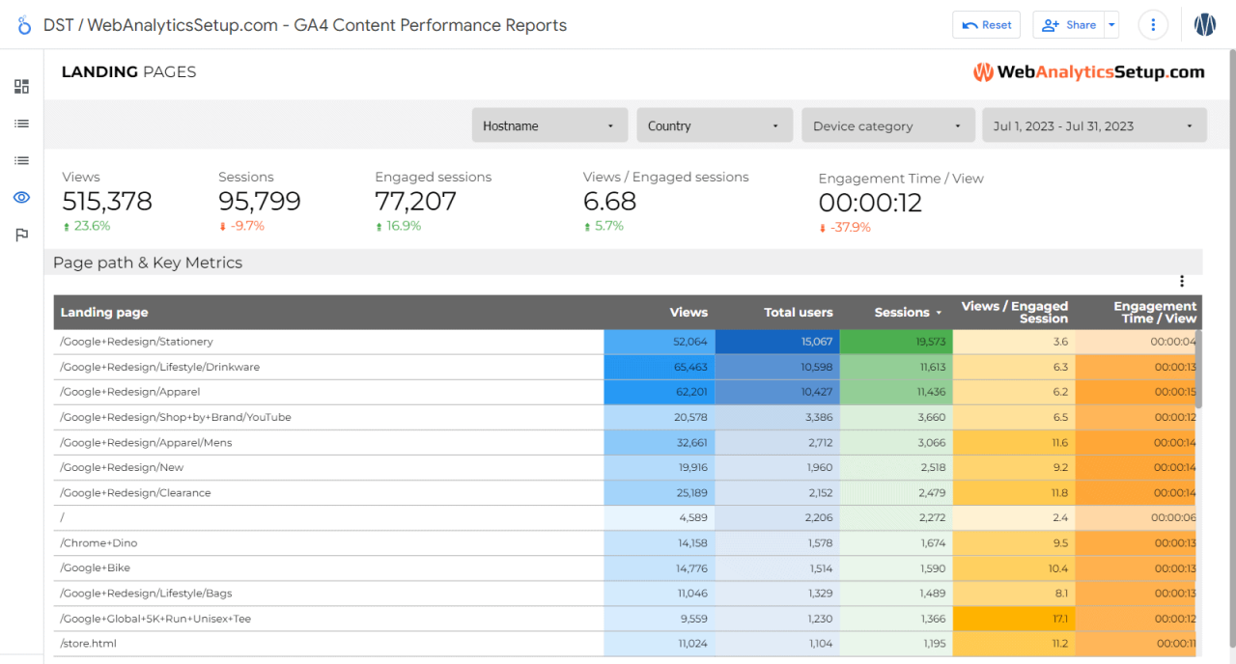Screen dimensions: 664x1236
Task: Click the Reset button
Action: [x=986, y=25]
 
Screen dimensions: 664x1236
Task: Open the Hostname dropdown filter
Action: [x=549, y=125]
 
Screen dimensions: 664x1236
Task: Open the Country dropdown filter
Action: [x=714, y=125]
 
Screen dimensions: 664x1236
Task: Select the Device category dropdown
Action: [x=887, y=125]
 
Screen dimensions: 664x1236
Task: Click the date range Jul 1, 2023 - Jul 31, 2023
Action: [x=1093, y=125]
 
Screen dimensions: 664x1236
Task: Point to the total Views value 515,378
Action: [x=107, y=202]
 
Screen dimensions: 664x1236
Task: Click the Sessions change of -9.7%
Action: [x=241, y=226]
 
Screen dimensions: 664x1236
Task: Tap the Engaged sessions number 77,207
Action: [x=415, y=202]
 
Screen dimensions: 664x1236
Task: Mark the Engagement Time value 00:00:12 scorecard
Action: [x=870, y=203]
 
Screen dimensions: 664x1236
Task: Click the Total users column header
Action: [x=798, y=313]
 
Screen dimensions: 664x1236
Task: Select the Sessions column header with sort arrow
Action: [x=908, y=313]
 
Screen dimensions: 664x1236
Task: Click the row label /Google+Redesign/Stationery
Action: [x=136, y=342]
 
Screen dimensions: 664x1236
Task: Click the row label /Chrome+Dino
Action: [x=95, y=542]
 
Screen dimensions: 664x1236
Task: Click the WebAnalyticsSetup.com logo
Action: [x=1088, y=72]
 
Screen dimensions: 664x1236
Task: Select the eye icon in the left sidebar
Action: [x=21, y=198]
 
